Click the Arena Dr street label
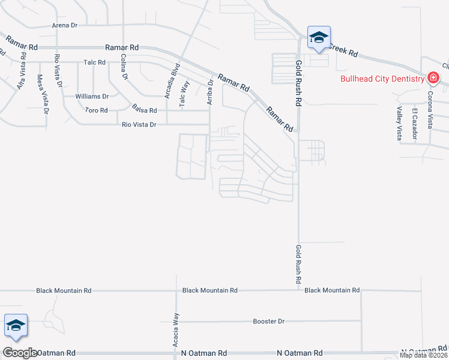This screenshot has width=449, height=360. click(65, 25)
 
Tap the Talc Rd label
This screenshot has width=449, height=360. click(95, 62)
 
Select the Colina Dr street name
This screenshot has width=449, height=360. click(124, 67)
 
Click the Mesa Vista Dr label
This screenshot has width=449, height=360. click(41, 91)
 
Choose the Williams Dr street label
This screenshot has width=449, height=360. click(92, 96)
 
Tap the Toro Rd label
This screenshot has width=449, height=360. click(96, 110)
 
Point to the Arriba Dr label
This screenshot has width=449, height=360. click(210, 92)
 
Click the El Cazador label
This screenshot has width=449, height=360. click(414, 124)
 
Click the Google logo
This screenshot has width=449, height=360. click(20, 352)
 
